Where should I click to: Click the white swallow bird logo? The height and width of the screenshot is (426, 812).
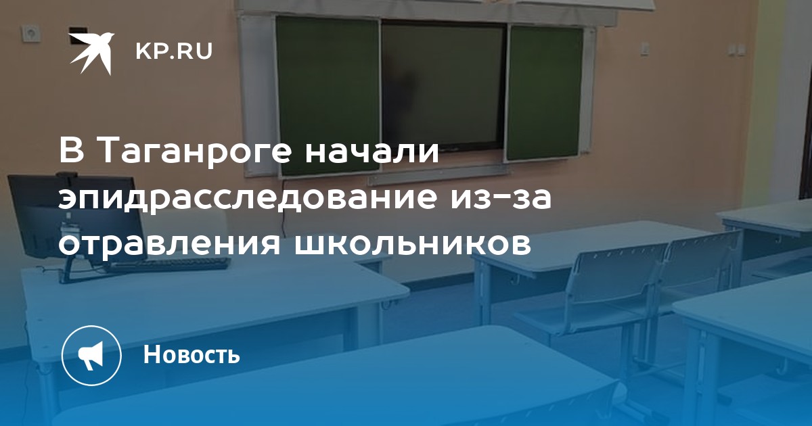coord(91,53)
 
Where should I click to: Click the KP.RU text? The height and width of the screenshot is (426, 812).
coord(174,51)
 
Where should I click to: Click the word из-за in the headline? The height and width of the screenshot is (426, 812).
coord(501,199)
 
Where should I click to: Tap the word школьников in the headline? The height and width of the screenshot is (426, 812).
coord(412,244)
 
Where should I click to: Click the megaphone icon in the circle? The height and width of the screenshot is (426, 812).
coord(91,356)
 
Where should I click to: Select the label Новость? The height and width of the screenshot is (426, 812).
coord(191,354)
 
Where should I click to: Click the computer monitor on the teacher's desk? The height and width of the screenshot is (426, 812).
coord(76,221)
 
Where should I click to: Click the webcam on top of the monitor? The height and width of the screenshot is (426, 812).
coord(66,175)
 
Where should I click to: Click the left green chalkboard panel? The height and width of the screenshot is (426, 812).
coord(328,96)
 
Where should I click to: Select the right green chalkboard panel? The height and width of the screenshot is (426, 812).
coord(545,93)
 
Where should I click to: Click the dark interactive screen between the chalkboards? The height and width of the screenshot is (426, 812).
coord(443,85)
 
